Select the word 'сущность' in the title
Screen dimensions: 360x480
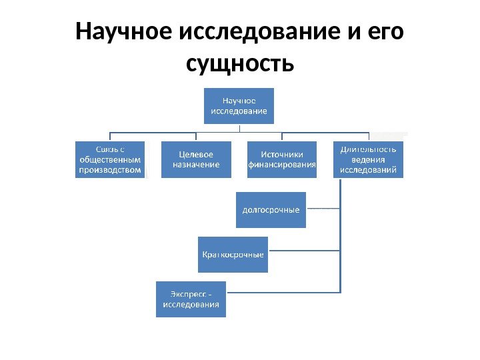240,64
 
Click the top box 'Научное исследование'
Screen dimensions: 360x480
239,105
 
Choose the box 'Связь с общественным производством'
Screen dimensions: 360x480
109,159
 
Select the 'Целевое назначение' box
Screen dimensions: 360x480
196,159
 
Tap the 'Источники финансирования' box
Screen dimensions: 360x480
281,159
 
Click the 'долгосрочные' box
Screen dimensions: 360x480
271,209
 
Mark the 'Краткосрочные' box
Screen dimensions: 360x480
233,254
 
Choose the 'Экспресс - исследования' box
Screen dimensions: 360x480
191,299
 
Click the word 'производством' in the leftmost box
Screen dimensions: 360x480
110,170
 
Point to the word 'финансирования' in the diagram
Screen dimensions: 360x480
282,165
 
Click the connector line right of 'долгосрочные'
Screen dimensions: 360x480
323,209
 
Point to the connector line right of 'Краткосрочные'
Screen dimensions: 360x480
304,251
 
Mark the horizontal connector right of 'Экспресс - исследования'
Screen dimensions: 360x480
283,292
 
